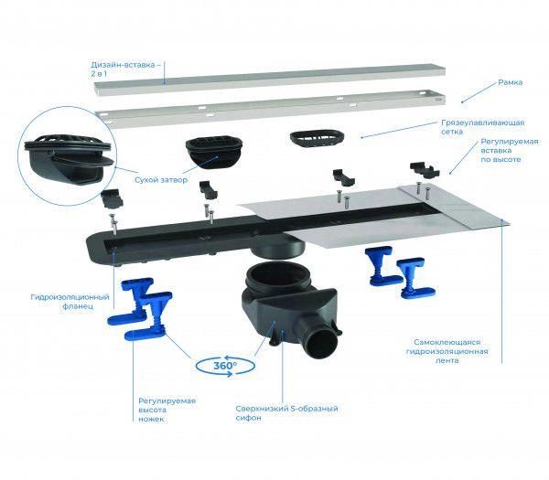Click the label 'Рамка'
511,82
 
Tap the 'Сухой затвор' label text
161,180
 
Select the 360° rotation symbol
225,366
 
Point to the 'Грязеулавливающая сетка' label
482,127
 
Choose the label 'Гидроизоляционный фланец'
70,302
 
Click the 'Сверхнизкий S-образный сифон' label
286,413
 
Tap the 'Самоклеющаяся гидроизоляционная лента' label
447,351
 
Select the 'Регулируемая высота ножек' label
167,410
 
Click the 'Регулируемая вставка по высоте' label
509,151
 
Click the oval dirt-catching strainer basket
317,139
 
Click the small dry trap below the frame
213,153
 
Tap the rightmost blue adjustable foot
415,278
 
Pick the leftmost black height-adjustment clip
112,198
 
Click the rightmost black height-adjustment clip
425,170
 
